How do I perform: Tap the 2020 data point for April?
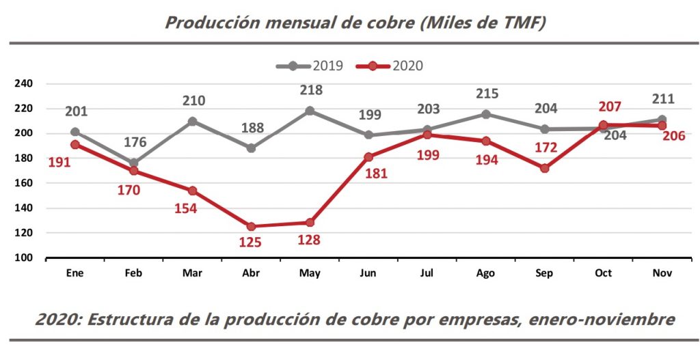[x=251, y=226]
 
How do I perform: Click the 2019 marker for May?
[x=310, y=111]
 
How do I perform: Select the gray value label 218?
[x=310, y=90]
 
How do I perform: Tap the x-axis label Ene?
[x=75, y=273]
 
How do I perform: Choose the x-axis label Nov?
[x=662, y=273]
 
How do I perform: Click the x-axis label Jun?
[x=368, y=273]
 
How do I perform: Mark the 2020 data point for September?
[x=545, y=168]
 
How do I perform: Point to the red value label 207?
[x=604, y=107]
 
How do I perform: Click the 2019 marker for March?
[x=192, y=121]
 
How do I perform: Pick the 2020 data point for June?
[x=368, y=157]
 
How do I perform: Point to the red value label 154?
[x=185, y=208]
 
